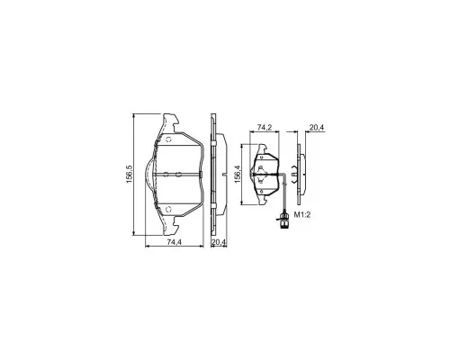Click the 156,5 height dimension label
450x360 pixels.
point(129,174)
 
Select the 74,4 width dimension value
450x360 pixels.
point(175,242)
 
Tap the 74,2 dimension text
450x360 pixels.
point(265,128)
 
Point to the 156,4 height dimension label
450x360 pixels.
point(238,175)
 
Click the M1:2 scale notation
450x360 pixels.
point(301,215)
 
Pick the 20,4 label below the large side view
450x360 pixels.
point(219,242)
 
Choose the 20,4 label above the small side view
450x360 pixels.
point(317,128)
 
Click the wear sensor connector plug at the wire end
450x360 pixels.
point(283,220)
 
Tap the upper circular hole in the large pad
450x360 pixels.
point(168,139)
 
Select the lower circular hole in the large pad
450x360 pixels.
point(168,209)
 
